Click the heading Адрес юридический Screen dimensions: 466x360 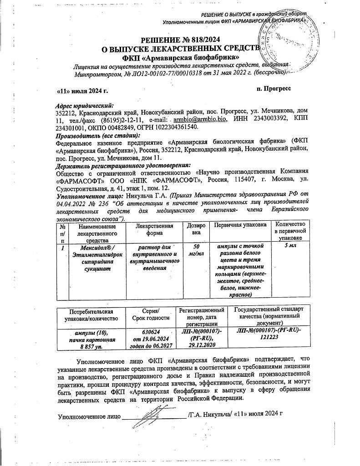(x=85, y=105)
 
